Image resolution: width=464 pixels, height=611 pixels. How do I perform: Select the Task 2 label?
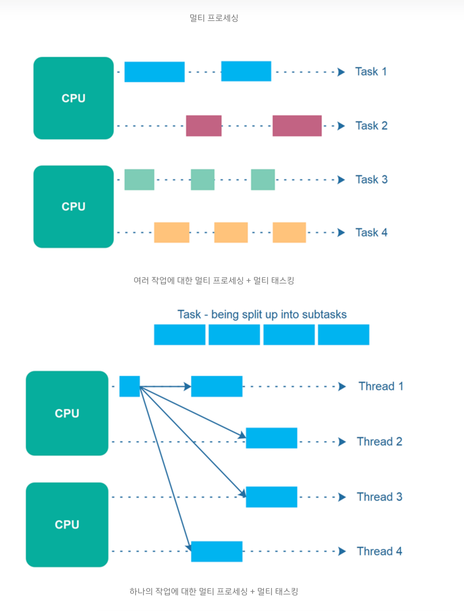point(371,126)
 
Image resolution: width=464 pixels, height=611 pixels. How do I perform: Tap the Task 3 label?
point(371,179)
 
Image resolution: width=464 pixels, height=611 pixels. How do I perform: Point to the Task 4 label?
point(371,233)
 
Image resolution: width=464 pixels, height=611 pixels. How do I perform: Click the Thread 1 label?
point(381,386)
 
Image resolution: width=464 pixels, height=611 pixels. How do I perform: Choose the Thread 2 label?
point(379,441)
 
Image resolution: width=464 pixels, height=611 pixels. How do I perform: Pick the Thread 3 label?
point(379,497)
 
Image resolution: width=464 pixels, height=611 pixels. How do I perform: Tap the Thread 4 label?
point(379,551)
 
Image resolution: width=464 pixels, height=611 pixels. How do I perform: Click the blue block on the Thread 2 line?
point(271,438)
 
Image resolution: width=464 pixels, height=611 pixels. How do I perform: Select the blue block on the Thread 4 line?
point(217,551)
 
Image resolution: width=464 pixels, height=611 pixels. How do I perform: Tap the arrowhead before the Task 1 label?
point(341,72)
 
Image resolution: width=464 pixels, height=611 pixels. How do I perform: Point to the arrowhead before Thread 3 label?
point(342,497)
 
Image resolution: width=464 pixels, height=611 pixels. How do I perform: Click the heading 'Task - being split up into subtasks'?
point(262,315)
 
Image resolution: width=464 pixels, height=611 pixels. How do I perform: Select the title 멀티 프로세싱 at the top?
point(214,18)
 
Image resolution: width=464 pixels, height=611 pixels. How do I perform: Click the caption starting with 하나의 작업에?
point(214,591)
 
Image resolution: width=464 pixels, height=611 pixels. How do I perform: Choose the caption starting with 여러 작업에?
point(214,281)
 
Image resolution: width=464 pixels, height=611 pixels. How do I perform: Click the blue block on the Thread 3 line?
point(271,497)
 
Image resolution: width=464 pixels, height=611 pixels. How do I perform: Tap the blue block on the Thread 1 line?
point(217,386)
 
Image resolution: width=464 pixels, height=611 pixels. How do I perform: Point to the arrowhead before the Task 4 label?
point(341,233)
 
